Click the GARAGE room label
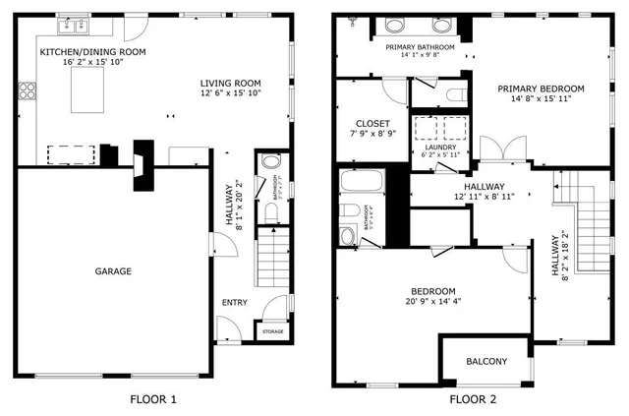[113, 270]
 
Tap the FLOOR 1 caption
[153, 399]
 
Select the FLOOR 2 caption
[473, 399]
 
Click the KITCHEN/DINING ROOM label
[92, 51]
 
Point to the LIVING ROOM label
[231, 84]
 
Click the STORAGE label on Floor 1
[272, 331]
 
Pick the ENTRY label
[234, 302]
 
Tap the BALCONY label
[486, 362]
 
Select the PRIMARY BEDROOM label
[541, 89]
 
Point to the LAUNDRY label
[439, 148]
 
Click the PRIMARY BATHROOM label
[420, 47]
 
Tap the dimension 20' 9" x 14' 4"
[432, 303]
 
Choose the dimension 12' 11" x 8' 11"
[479, 197]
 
